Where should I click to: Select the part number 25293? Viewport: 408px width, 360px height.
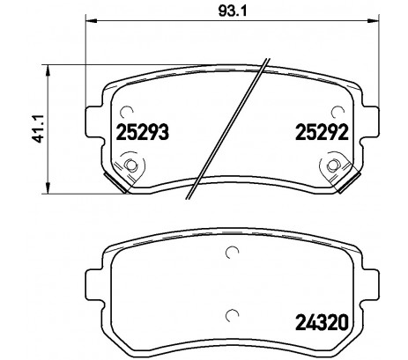(x=142, y=134)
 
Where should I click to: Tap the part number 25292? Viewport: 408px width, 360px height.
(x=323, y=134)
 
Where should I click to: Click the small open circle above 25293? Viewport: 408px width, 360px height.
(x=126, y=111)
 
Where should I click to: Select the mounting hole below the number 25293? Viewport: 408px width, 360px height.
(x=131, y=165)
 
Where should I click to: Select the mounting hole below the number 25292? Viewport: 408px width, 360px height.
(x=335, y=165)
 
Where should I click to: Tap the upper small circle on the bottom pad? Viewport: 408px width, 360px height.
(x=233, y=255)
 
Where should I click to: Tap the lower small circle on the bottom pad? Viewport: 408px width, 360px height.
(x=233, y=317)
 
